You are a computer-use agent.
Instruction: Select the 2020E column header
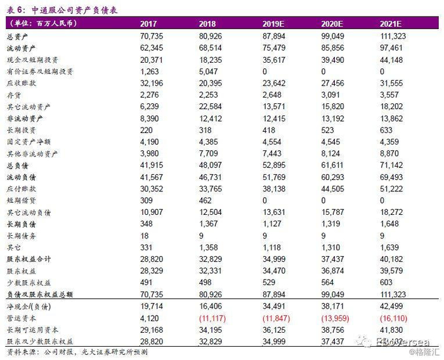334,23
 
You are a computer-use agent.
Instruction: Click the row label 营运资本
20,317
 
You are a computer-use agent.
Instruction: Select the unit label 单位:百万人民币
42,23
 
